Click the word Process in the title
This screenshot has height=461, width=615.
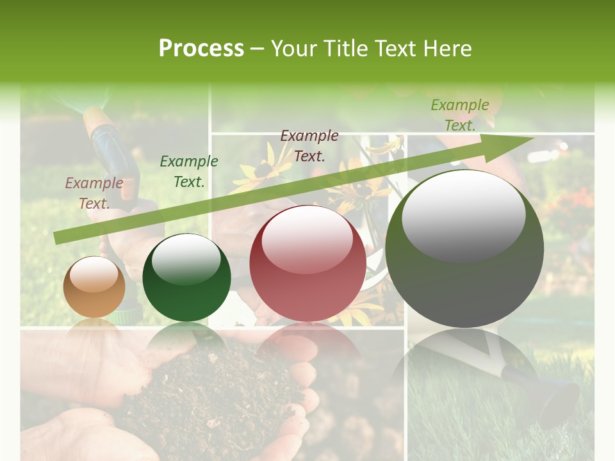[x=201, y=49]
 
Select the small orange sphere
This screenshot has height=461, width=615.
[x=94, y=287]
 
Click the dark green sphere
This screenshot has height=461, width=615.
[x=186, y=277]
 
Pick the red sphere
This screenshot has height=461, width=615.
[x=308, y=263]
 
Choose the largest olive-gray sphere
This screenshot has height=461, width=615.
[x=464, y=249]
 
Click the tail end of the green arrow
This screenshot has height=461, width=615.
[x=58, y=238]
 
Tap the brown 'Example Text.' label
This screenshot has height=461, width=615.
[x=94, y=193]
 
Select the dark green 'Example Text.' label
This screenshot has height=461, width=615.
[x=189, y=172]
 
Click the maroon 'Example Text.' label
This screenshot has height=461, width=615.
[x=309, y=146]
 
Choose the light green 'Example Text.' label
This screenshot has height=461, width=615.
[x=460, y=115]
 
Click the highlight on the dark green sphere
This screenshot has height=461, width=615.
[x=186, y=259]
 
